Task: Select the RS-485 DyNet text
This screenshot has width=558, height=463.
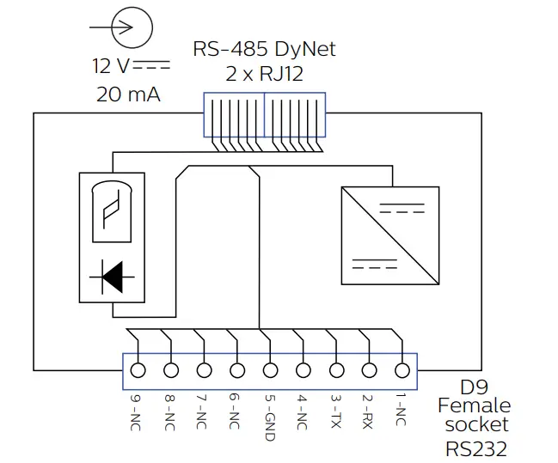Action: click(264, 49)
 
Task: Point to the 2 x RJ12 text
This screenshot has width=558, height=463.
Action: click(264, 74)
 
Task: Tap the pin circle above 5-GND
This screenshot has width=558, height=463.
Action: click(270, 370)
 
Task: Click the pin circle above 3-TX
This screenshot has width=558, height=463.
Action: click(336, 370)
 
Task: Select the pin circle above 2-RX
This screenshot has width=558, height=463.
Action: click(369, 370)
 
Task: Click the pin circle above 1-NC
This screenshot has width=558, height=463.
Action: click(402, 370)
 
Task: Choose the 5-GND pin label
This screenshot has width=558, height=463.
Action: click(269, 417)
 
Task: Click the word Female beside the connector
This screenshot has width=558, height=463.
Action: click(474, 405)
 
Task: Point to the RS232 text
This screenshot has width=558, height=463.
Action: click(476, 448)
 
